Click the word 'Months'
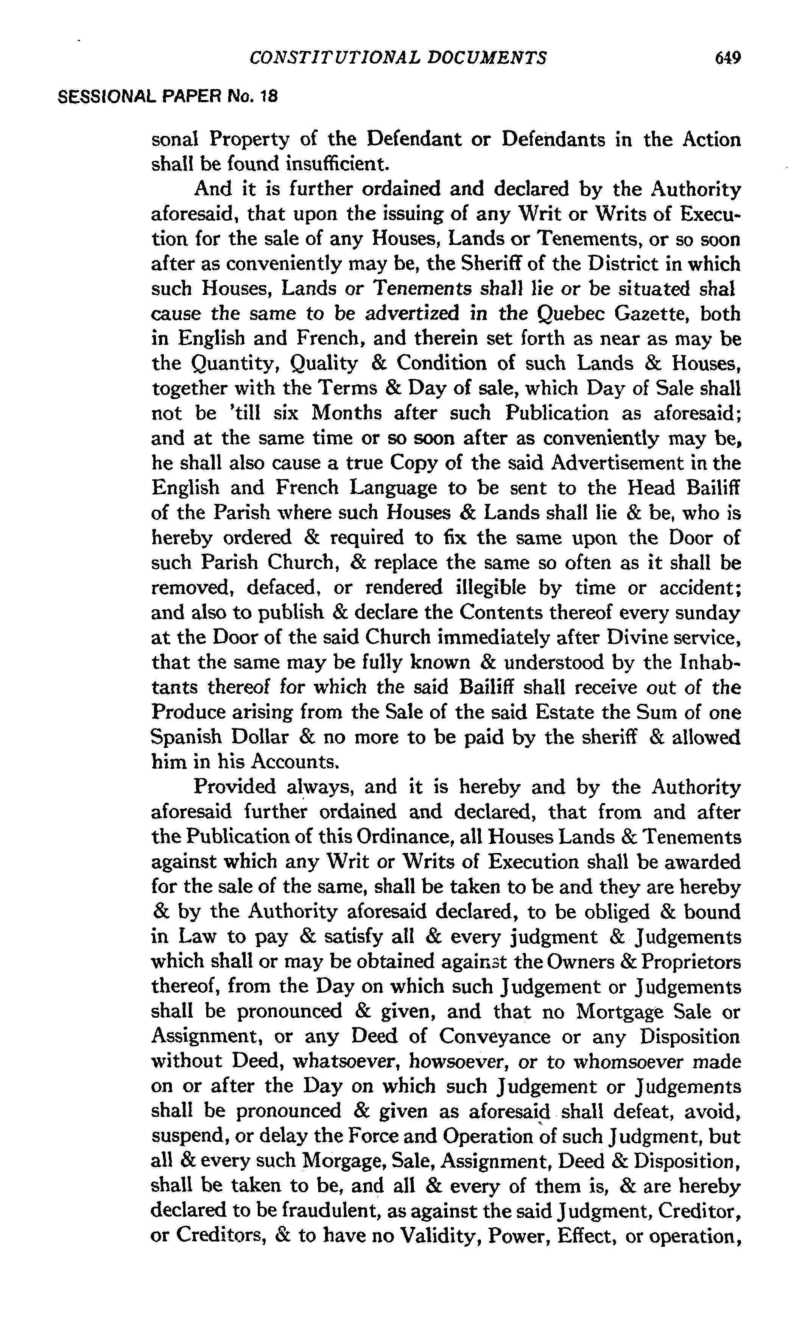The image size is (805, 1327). tap(346, 413)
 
